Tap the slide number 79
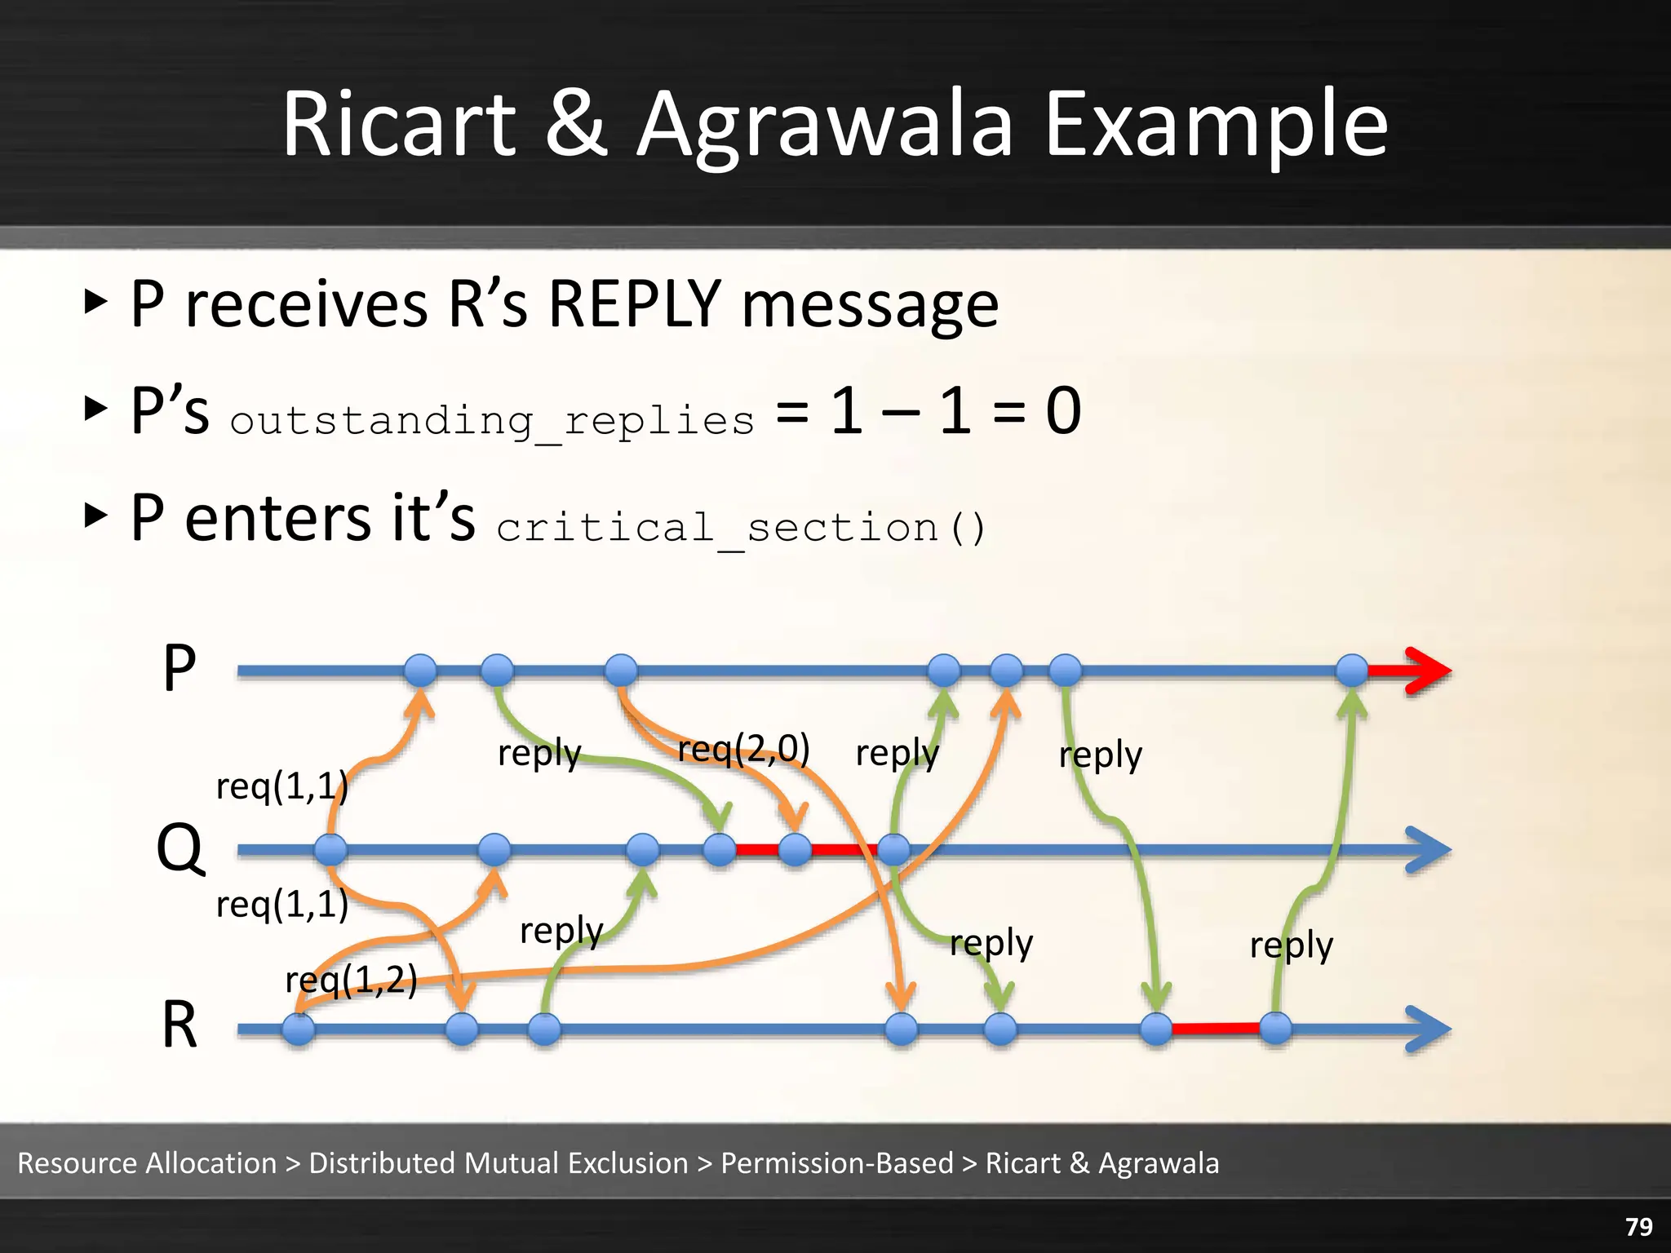click(x=1638, y=1227)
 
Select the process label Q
click(x=180, y=848)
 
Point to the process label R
click(x=180, y=1025)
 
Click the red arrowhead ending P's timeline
click(x=1428, y=671)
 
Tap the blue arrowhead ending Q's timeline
click(x=1428, y=850)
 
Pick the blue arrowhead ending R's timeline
click(x=1428, y=1029)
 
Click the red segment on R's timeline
click(x=1216, y=1029)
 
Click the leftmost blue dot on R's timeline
click(x=299, y=1029)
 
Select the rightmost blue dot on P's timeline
click(x=1352, y=671)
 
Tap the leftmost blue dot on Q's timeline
click(x=330, y=850)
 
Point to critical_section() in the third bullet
click(x=741, y=528)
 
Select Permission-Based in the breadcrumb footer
click(x=837, y=1162)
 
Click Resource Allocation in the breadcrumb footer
click(x=147, y=1162)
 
